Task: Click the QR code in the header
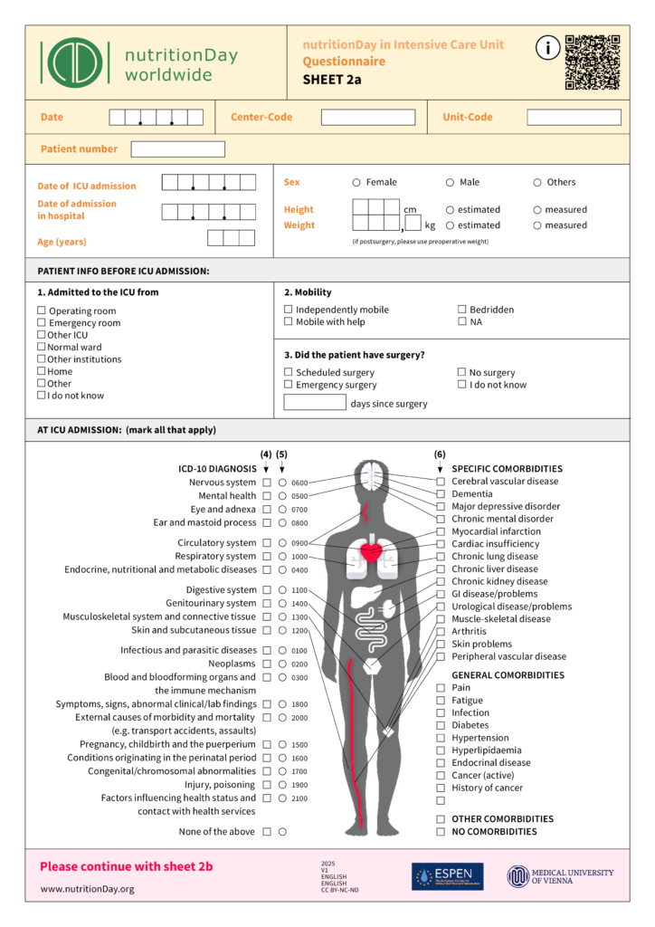pyautogui.click(x=593, y=62)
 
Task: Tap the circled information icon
pyautogui.click(x=547, y=49)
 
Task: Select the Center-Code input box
pyautogui.click(x=368, y=118)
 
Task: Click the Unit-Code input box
pyautogui.click(x=574, y=118)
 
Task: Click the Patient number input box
pyautogui.click(x=177, y=149)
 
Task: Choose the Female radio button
pyautogui.click(x=356, y=182)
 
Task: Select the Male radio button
pyautogui.click(x=450, y=182)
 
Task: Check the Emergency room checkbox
pyautogui.click(x=42, y=323)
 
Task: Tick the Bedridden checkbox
pyautogui.click(x=462, y=310)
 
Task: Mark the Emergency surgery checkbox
pyautogui.click(x=289, y=385)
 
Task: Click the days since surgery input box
pyautogui.click(x=315, y=403)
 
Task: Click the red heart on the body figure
pyautogui.click(x=371, y=550)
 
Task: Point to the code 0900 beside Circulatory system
pyautogui.click(x=299, y=543)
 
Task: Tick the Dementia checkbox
pyautogui.click(x=441, y=494)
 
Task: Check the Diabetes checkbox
pyautogui.click(x=441, y=725)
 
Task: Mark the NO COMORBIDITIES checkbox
pyautogui.click(x=441, y=832)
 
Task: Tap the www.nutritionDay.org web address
pyautogui.click(x=87, y=889)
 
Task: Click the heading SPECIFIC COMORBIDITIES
pyautogui.click(x=507, y=469)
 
